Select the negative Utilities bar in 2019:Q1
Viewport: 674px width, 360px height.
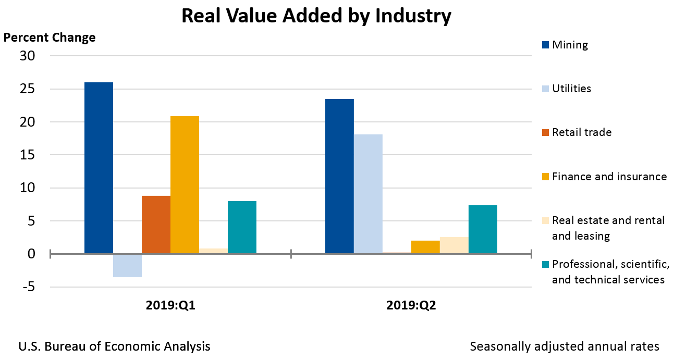coord(127,265)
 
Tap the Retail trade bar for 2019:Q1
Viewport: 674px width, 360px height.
coord(156,225)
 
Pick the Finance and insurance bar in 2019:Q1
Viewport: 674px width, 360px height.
coord(185,185)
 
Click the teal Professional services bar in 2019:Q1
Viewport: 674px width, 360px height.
coord(242,227)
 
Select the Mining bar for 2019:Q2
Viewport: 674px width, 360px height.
coord(339,176)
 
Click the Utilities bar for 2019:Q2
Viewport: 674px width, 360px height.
coord(368,194)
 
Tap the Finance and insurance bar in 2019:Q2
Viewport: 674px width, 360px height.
coord(425,247)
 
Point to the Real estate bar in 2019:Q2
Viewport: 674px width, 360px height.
coord(454,245)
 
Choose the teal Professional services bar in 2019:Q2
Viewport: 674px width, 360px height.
coord(483,229)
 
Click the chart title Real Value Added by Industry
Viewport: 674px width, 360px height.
coord(316,16)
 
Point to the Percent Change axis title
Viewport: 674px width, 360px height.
coord(50,38)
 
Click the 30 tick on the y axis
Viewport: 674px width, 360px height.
coord(27,56)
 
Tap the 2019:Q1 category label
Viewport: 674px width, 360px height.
coord(170,306)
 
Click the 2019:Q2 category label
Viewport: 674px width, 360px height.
coord(411,306)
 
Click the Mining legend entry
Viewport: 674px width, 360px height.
coord(569,45)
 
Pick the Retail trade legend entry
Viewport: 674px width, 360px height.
coord(581,132)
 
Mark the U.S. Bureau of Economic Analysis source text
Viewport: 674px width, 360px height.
coord(115,346)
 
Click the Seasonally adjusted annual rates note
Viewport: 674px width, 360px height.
coord(565,346)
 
